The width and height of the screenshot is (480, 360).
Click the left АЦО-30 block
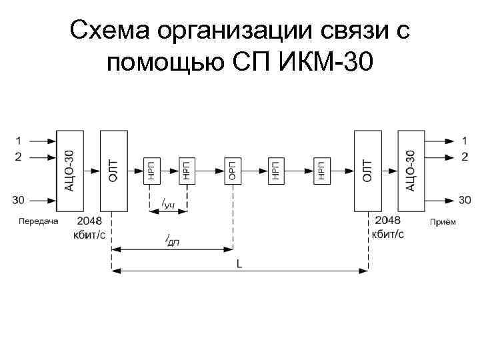point(70,170)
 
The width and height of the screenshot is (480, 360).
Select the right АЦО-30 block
point(411,170)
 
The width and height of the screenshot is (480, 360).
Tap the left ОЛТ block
point(113,170)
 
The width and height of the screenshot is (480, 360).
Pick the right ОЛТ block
point(367,170)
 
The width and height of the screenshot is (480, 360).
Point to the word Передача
point(39,221)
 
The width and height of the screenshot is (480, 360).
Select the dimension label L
point(239,264)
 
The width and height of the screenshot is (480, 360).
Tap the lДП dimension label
point(172,241)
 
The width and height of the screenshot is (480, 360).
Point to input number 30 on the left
point(19,199)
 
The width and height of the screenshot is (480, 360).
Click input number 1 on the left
point(19,141)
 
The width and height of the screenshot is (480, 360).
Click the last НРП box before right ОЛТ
point(321,171)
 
